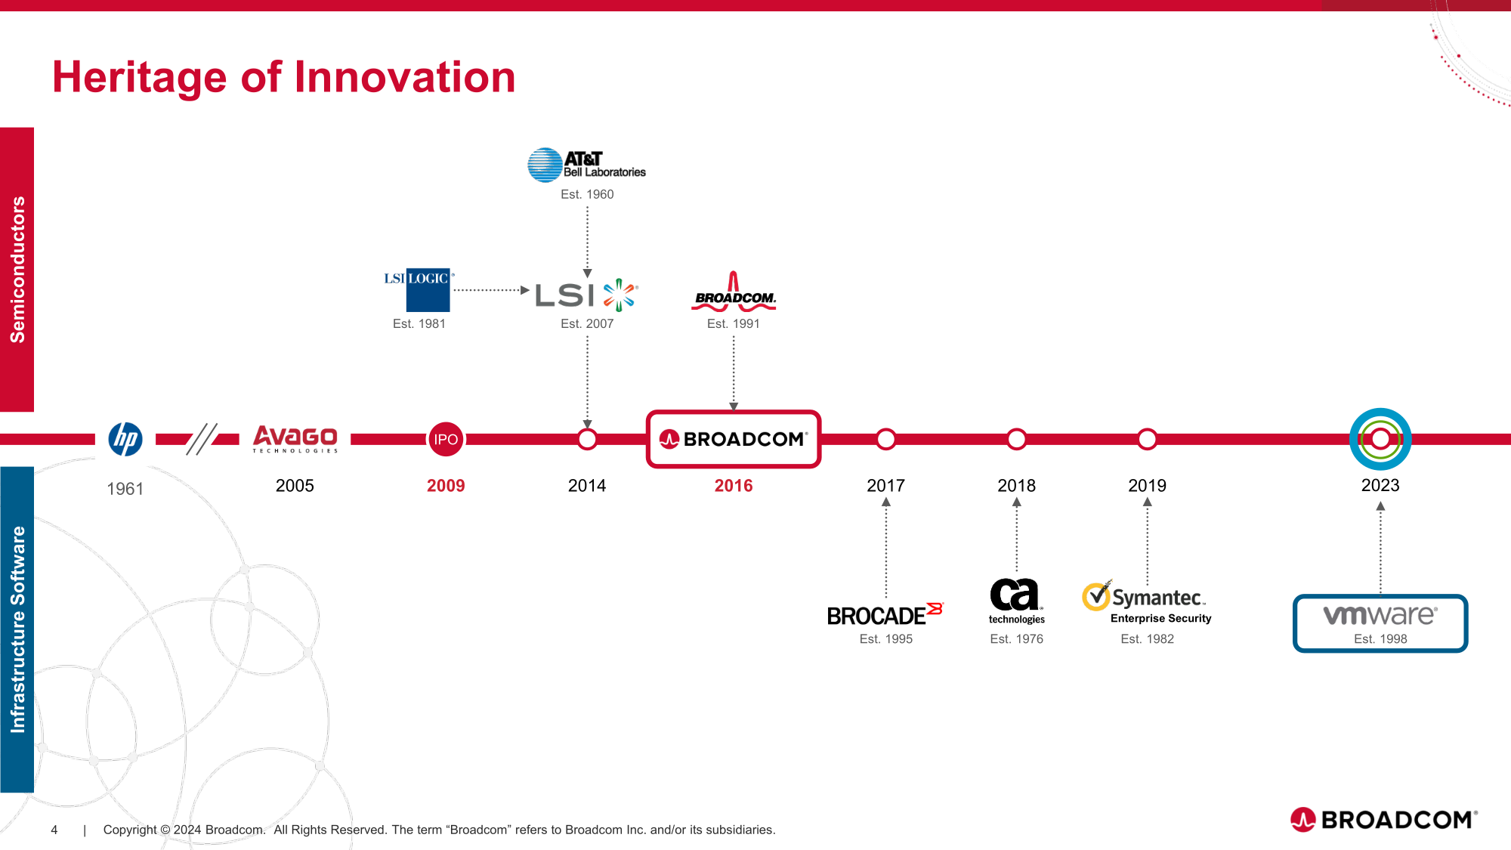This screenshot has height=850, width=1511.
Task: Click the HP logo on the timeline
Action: (x=125, y=439)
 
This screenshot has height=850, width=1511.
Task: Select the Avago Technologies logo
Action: (x=295, y=439)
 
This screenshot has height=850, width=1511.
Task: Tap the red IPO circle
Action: (x=446, y=439)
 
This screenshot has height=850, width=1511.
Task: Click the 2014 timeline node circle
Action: (x=587, y=439)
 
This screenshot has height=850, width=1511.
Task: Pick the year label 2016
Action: (x=734, y=486)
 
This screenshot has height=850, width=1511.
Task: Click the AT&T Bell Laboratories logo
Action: (x=587, y=165)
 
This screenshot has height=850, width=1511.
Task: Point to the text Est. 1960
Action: (x=587, y=194)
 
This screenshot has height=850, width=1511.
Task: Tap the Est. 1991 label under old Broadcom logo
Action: (x=734, y=323)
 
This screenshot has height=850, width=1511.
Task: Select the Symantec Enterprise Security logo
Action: (x=1147, y=602)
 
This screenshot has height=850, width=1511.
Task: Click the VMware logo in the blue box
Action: (x=1380, y=615)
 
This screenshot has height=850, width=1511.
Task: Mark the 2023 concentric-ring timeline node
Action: (x=1380, y=439)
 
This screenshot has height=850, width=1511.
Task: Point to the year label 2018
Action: (x=1017, y=486)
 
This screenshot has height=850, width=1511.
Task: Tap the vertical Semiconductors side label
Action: (x=17, y=270)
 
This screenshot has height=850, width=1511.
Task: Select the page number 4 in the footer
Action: (x=54, y=830)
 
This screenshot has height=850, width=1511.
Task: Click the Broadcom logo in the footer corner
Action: (x=1384, y=819)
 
